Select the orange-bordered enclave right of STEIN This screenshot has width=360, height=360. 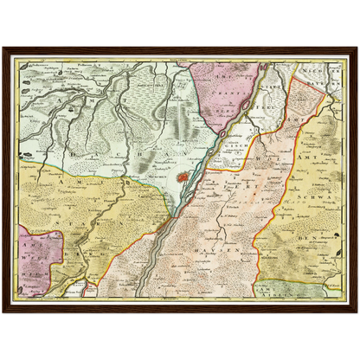pos(303,95)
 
